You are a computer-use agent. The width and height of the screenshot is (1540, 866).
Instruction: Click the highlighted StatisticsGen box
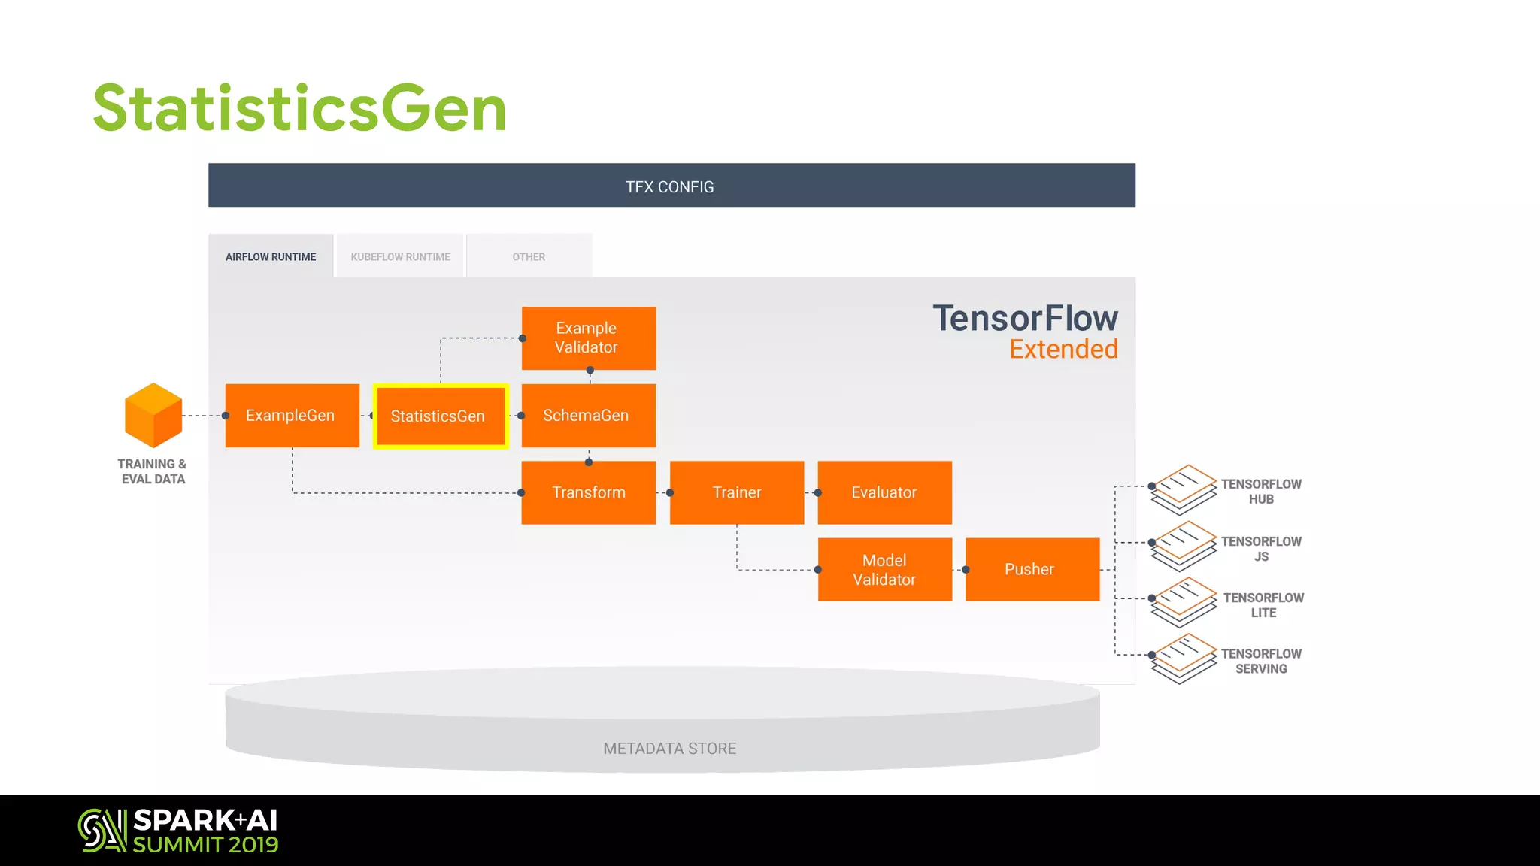(441, 416)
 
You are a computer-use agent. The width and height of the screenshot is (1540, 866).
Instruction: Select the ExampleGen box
(292, 416)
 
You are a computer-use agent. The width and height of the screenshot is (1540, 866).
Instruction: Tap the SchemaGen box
(588, 416)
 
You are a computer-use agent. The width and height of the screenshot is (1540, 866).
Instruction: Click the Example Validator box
(588, 338)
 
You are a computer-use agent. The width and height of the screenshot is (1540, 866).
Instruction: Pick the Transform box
(588, 492)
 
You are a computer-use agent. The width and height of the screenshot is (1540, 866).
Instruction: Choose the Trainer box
(736, 492)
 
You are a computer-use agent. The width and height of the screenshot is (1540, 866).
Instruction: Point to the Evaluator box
(884, 492)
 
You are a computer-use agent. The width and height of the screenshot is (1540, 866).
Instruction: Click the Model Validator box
(884, 570)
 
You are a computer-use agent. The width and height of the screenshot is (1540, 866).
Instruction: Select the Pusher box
(1032, 570)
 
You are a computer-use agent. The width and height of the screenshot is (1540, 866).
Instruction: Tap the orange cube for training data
(153, 415)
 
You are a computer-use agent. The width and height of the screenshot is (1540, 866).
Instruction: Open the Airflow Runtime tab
(271, 256)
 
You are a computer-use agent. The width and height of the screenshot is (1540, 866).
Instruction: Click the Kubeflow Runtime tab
(400, 256)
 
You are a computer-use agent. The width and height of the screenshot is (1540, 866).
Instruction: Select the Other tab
(529, 256)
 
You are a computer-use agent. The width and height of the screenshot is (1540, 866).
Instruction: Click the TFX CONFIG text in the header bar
(669, 186)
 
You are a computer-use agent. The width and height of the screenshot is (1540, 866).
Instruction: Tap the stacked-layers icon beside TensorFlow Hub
(1184, 489)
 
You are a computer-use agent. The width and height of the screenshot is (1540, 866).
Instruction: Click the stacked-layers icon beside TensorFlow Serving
(1184, 659)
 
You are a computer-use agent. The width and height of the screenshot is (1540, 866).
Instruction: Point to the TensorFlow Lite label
(1263, 605)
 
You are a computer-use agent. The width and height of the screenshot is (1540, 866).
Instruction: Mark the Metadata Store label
(669, 749)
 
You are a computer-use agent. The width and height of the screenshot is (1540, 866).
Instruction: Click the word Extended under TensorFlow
(1063, 350)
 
